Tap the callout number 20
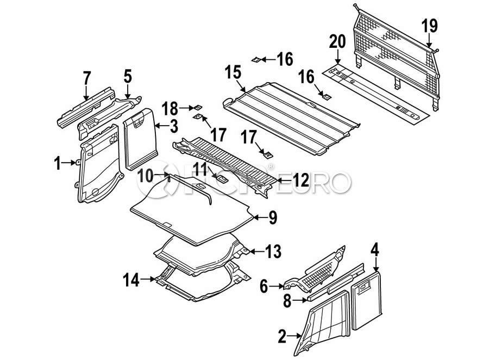pos(337,42)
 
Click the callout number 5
pos(127,76)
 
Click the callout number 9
pos(272,218)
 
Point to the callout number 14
pos(200,170)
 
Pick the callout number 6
pos(264,286)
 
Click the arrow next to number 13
pos(256,251)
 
